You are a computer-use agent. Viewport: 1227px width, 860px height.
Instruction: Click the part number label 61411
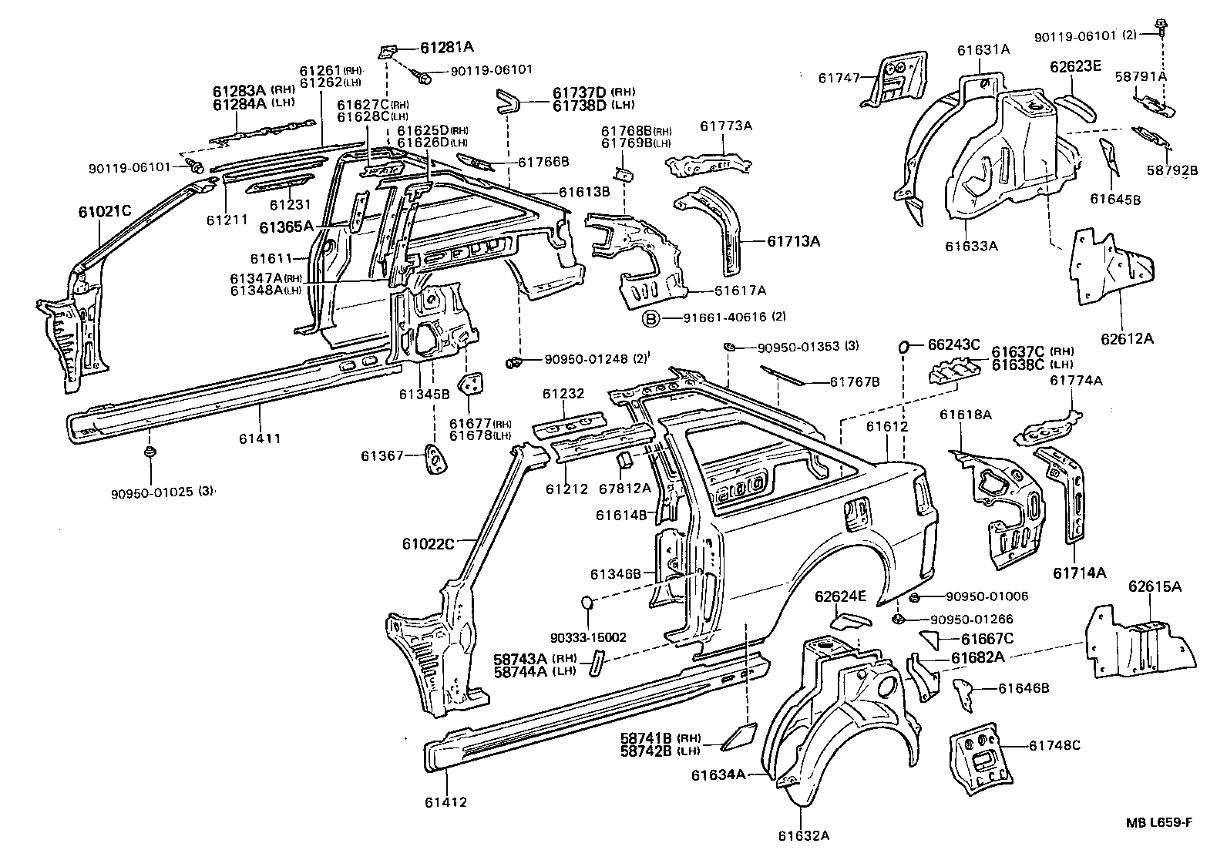tap(260, 438)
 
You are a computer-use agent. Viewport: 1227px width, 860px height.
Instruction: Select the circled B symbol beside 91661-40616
tap(650, 317)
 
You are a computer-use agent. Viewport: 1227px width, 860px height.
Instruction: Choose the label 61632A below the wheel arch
tap(803, 835)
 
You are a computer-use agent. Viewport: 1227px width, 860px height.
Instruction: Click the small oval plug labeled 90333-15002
tap(587, 600)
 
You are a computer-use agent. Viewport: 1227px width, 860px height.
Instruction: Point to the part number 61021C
tap(106, 210)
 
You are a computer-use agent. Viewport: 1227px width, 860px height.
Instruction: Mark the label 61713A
tap(793, 241)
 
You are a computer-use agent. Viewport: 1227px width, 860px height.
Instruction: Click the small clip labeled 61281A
tap(388, 52)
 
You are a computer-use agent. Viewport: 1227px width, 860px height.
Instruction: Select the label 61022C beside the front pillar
tap(429, 544)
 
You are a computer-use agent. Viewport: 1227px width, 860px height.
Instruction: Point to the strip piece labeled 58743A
tap(597, 663)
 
